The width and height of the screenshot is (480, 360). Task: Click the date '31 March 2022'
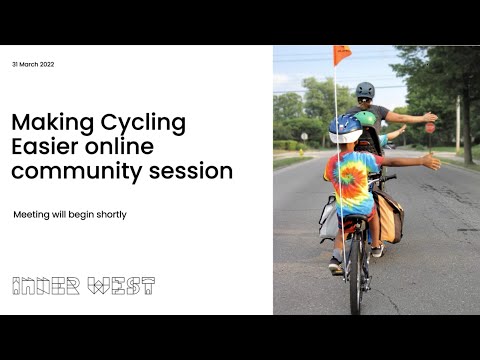pos(33,64)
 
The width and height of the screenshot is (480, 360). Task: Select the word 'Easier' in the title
pos(43,147)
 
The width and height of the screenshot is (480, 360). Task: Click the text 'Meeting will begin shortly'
pos(70,214)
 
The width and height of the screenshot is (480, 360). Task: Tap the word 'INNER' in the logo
pos(48,286)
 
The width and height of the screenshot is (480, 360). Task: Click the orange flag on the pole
pos(342,55)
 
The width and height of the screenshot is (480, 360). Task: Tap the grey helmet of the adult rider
pos(365,90)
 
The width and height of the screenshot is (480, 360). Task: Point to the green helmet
pos(367,118)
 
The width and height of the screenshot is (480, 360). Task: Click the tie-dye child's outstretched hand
pos(430,160)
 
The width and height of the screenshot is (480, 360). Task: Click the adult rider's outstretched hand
pos(429,117)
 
